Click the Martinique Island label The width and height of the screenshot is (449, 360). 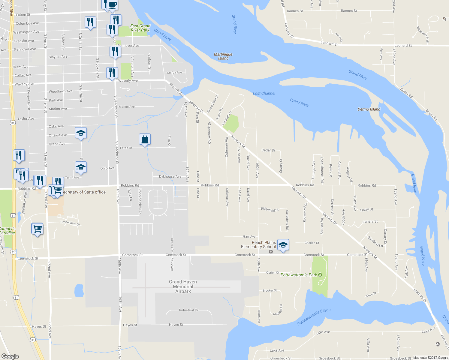click(223, 56)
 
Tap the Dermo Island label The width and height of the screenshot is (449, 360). click(369, 109)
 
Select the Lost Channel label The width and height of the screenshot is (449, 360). click(264, 93)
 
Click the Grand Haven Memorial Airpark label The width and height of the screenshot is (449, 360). click(183, 286)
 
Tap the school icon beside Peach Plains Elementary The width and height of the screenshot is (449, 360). click(283, 245)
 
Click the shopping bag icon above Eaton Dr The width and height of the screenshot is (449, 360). click(145, 139)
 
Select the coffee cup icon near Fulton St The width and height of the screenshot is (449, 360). click(113, 5)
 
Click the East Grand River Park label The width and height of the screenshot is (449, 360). click(140, 28)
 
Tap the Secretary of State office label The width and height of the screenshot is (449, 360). click(84, 192)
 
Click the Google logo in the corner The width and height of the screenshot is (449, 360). click(10, 356)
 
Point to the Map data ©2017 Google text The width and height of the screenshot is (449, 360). click(430, 358)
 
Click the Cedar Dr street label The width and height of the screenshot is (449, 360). click(268, 150)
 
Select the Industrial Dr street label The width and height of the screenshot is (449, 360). click(188, 310)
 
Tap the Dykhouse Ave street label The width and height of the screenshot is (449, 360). click(170, 177)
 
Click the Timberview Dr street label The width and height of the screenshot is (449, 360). click(70, 223)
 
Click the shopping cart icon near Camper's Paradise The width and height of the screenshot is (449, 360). click(37, 229)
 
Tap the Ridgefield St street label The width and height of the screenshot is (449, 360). click(270, 209)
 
